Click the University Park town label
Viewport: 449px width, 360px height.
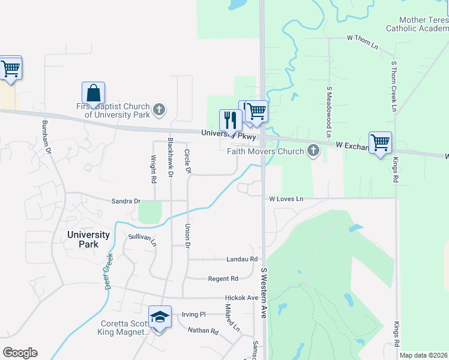click(x=88, y=239)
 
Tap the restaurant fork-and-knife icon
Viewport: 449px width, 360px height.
click(x=231, y=120)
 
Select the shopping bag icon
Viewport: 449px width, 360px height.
click(x=93, y=94)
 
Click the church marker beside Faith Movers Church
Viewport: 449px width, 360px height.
click(x=313, y=151)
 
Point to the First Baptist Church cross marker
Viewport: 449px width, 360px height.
click(x=158, y=109)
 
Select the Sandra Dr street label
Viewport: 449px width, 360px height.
click(x=125, y=201)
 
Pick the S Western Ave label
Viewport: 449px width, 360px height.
click(x=263, y=293)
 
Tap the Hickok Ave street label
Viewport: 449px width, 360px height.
click(x=241, y=298)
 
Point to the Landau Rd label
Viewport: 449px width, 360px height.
click(x=242, y=259)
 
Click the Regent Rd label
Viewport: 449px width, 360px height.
click(x=223, y=278)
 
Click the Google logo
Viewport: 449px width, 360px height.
click(x=20, y=353)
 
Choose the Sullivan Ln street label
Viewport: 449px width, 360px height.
click(x=142, y=240)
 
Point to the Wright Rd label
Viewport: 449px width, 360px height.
click(x=154, y=169)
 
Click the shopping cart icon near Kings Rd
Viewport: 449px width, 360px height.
click(x=380, y=143)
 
